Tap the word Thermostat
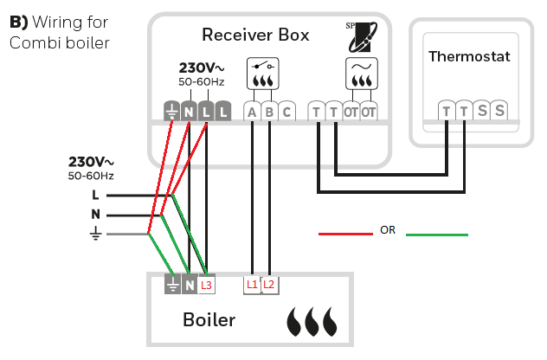click(469, 56)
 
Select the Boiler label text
click(209, 319)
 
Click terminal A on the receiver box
click(252, 112)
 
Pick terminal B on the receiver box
click(269, 112)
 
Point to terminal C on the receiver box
click(286, 112)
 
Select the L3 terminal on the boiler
click(206, 284)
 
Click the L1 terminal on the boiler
click(252, 284)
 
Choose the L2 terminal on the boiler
click(269, 284)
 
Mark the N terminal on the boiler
click(189, 284)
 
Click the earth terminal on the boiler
click(171, 284)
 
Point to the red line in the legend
click(344, 234)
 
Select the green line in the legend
click(437, 234)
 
